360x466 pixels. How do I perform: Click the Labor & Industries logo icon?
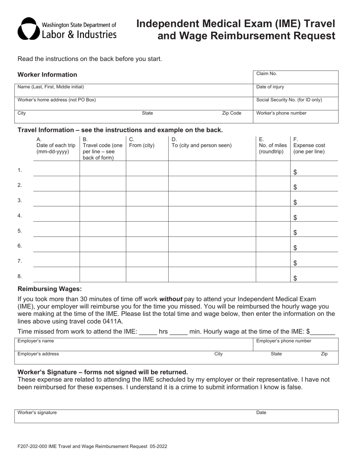[28, 28]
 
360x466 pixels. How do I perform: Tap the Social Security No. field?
[296, 103]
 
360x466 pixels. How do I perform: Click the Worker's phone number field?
[296, 117]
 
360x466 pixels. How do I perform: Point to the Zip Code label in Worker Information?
[232, 113]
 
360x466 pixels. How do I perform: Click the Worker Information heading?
[47, 75]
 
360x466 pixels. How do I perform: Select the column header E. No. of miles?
[273, 145]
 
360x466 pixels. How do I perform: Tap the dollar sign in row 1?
[296, 172]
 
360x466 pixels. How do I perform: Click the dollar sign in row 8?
[296, 278]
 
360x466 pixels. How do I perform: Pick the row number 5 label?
[20, 231]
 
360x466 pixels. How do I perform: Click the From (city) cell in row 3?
[147, 199]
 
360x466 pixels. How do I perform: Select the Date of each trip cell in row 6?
[56, 244]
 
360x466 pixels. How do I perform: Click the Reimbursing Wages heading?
[50, 289]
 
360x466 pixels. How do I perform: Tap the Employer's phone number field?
[296, 344]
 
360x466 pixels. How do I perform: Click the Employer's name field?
[133, 344]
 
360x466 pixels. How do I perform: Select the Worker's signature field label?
[37, 413]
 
